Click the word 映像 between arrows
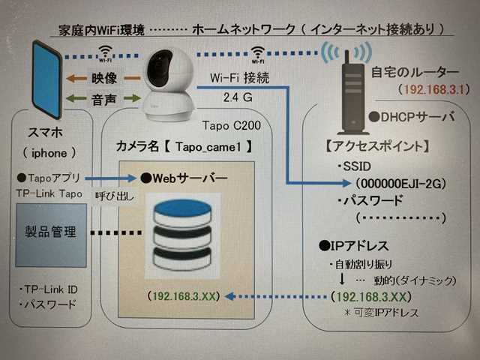(x=103, y=78)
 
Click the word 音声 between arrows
(x=103, y=97)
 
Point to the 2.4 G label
(x=238, y=97)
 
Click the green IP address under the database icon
(x=183, y=297)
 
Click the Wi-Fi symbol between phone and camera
(x=103, y=54)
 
